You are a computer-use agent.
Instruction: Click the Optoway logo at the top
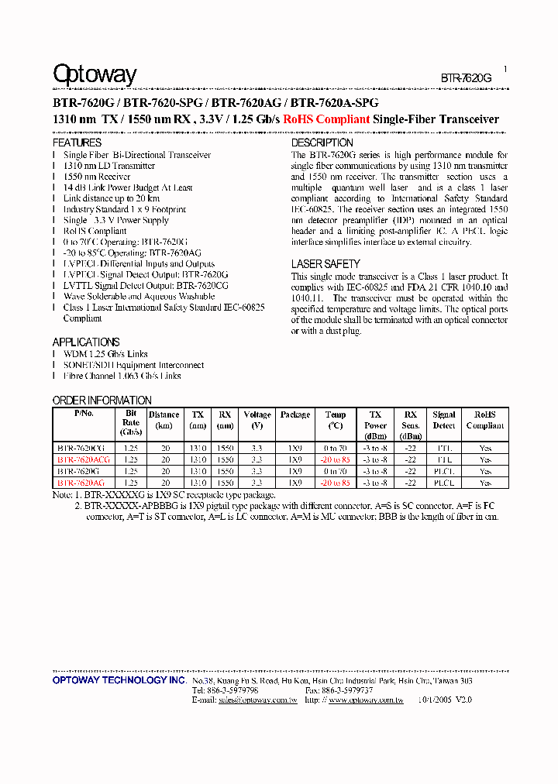95,74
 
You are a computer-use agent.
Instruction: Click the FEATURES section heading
77,143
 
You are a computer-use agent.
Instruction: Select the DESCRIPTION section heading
322,143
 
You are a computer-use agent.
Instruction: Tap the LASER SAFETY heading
325,264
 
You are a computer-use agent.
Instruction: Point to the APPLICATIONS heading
86,342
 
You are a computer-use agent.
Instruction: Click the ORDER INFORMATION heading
102,401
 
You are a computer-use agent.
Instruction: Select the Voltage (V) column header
257,420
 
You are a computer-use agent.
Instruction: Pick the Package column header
295,415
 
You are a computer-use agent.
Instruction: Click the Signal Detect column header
444,420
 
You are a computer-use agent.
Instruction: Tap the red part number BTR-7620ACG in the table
84,459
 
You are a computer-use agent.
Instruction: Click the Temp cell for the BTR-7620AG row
336,483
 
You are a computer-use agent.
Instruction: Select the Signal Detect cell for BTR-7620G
444,471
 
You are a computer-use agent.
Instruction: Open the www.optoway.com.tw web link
366,700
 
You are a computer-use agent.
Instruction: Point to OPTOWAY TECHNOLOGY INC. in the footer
119,680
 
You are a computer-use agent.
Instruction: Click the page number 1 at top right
505,69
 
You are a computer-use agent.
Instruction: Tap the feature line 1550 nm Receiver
97,177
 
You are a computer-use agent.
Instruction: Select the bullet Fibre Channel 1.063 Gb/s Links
122,376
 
